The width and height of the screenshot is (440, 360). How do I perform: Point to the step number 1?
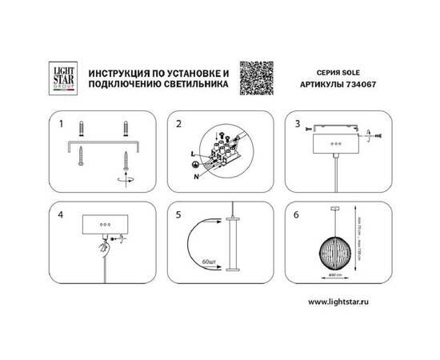(x=61, y=124)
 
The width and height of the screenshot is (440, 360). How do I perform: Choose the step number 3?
(x=297, y=124)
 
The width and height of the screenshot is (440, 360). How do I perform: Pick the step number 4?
(x=61, y=216)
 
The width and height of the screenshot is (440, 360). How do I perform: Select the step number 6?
(x=297, y=216)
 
